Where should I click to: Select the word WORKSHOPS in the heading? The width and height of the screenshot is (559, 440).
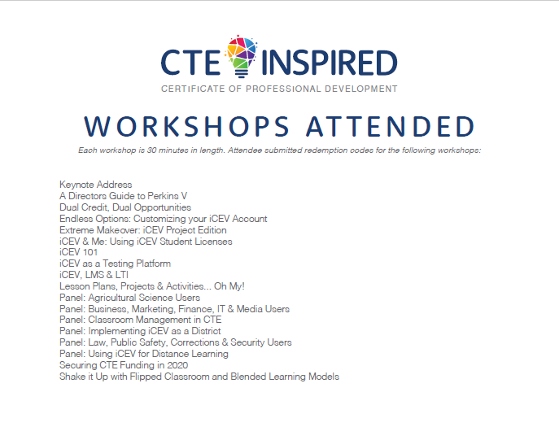[x=186, y=127]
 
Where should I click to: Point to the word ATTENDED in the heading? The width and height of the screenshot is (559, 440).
[x=391, y=127]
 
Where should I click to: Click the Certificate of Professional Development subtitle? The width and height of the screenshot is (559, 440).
[x=279, y=89]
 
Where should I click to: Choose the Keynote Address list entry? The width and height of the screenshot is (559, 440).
[x=95, y=185]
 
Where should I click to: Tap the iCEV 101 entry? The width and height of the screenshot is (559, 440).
[x=78, y=252]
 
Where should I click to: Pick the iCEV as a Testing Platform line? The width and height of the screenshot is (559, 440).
[x=115, y=264]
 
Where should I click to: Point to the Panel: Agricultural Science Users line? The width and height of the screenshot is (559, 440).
[x=129, y=298]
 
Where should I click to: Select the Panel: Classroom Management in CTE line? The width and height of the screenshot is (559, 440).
[x=140, y=320]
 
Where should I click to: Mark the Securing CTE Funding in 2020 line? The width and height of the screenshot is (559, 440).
[x=123, y=365]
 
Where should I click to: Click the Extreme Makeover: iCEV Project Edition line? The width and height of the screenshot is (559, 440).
[x=142, y=230]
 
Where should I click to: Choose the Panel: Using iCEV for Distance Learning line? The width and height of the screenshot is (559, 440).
[x=143, y=354]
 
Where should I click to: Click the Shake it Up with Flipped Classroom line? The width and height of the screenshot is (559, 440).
[x=199, y=377]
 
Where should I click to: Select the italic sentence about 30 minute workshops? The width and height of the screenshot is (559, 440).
[x=279, y=150]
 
